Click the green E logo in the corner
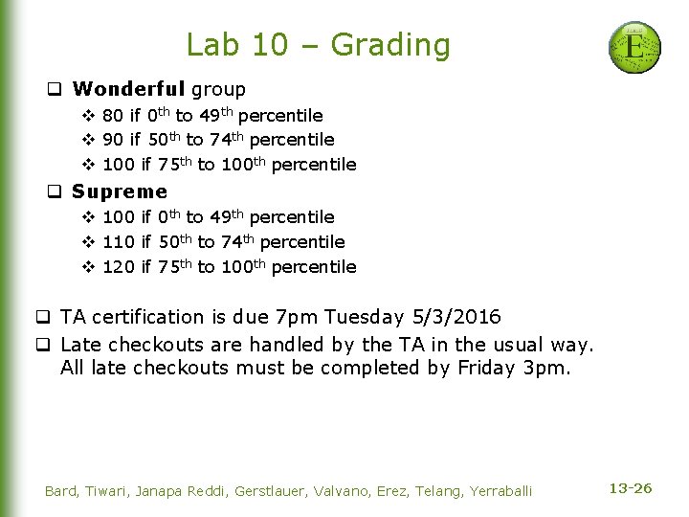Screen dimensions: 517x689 tap(634, 47)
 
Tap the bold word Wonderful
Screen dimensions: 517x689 tap(129, 90)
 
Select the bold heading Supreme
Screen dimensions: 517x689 tap(120, 191)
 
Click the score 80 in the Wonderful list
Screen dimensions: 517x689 tap(113, 116)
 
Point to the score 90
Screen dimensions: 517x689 tap(113, 141)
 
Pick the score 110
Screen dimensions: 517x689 tap(119, 242)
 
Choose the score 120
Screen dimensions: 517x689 tap(119, 267)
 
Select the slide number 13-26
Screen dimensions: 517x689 tap(631, 489)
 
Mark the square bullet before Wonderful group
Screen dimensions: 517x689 tap(56, 91)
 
